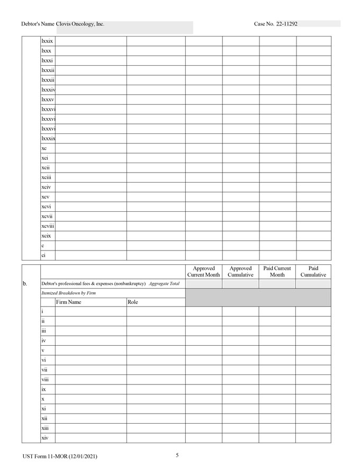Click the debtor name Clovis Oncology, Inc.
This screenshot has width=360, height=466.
click(x=80, y=24)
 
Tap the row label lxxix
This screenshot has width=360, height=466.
click(x=47, y=41)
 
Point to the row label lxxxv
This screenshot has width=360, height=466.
click(x=48, y=100)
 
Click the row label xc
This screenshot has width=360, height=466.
click(x=44, y=149)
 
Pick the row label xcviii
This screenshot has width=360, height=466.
click(x=48, y=226)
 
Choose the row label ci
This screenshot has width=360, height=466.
click(x=43, y=255)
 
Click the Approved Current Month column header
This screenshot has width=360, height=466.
click(x=203, y=272)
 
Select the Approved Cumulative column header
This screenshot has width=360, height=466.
click(x=240, y=272)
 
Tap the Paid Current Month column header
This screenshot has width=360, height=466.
click(x=277, y=272)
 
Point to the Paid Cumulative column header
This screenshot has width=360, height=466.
click(x=313, y=272)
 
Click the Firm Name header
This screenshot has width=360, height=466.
click(x=69, y=302)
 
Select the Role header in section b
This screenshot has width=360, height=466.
click(x=132, y=302)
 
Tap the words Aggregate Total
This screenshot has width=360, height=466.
click(x=164, y=284)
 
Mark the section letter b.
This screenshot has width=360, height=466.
click(x=25, y=284)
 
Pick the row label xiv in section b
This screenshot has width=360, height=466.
click(x=45, y=438)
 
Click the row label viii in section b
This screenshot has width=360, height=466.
click(x=45, y=379)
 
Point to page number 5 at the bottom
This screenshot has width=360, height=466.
click(x=177, y=455)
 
